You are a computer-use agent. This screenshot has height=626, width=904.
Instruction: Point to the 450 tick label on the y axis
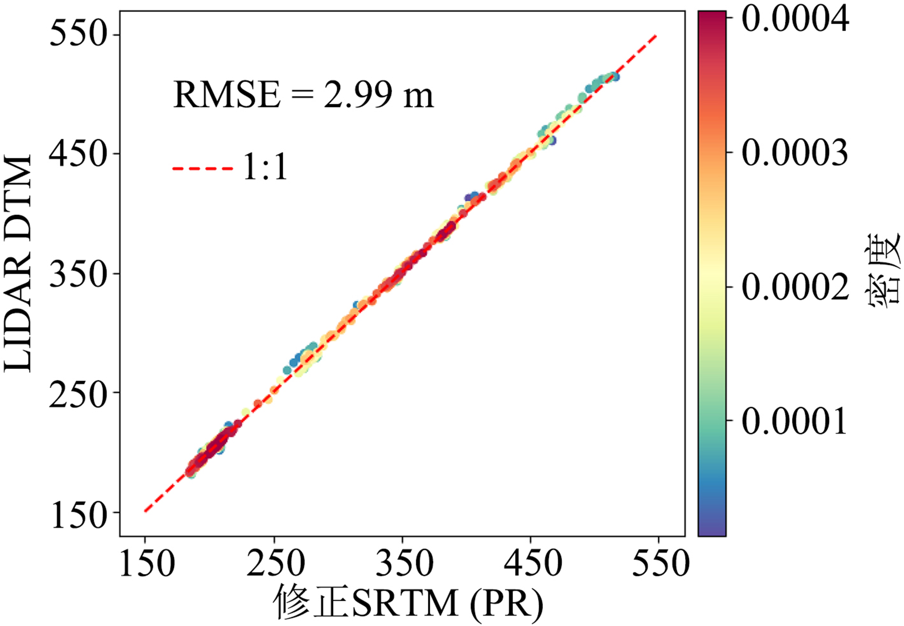tap(78, 154)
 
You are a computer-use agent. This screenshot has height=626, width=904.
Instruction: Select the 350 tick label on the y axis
tap(78, 273)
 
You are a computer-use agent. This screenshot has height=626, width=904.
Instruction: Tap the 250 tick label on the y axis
tap(78, 393)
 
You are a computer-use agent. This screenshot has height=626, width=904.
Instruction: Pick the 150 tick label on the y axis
tap(78, 513)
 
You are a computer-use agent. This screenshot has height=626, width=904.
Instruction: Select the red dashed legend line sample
tap(203, 169)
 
